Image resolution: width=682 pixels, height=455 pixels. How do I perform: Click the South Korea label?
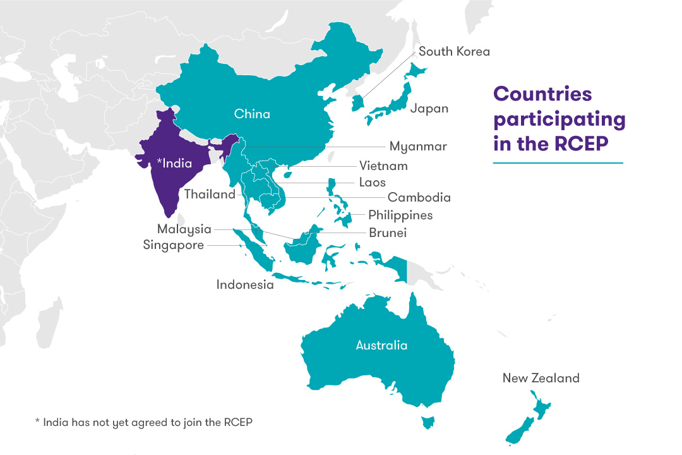pos(454,52)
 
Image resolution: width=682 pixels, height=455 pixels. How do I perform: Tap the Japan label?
pos(429,108)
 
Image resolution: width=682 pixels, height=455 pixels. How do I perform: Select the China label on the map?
pos(252,114)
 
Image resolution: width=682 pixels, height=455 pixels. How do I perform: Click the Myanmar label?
pos(417,147)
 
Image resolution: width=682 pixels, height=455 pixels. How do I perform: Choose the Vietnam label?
pos(383,166)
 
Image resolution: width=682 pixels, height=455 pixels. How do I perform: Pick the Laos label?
pos(372,182)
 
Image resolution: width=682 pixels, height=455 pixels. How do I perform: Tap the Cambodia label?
pos(419,198)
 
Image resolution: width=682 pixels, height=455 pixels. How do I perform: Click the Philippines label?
pos(400,215)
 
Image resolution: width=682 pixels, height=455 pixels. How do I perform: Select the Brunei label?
pos(388,233)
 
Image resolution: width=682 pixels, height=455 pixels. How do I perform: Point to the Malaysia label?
pos(184,229)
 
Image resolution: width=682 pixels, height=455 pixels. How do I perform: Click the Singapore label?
pos(174,245)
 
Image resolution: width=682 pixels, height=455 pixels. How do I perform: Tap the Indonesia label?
pos(245,285)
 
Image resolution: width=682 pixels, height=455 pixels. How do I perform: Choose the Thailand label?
pos(210,195)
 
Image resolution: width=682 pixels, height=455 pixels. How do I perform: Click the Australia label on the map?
pos(381,346)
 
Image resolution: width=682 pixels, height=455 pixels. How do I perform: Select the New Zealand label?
pos(541,379)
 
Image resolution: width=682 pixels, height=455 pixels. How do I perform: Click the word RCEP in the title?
pos(582,144)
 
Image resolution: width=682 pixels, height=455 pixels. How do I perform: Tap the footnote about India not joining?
pos(143,422)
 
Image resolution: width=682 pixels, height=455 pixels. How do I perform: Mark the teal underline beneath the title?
pos(558,163)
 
